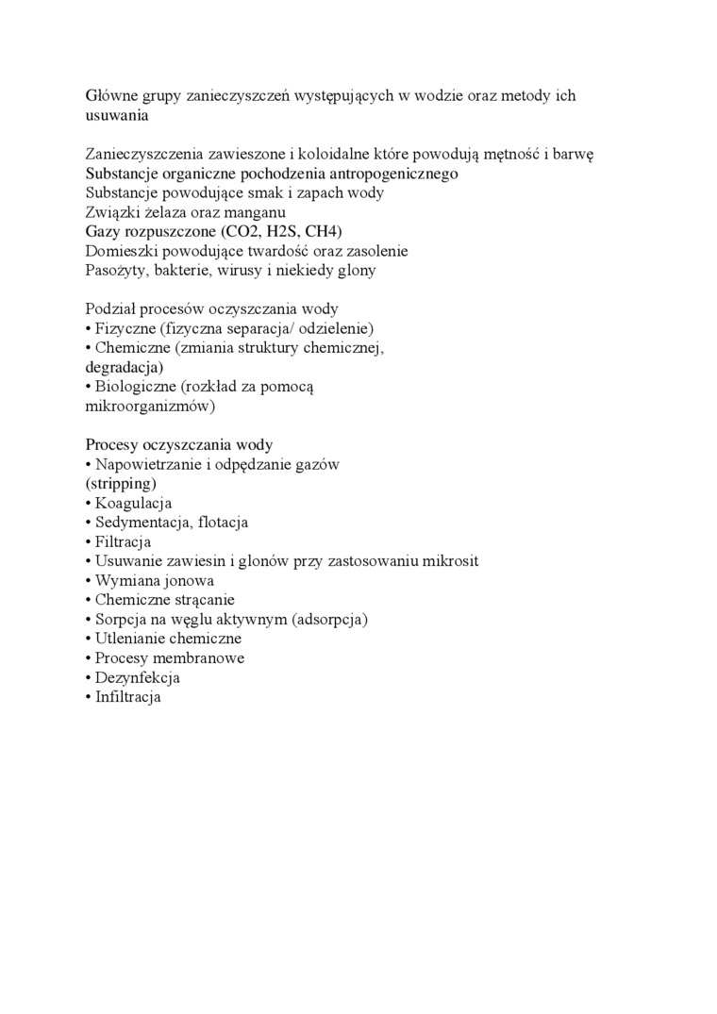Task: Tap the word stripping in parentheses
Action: click(121, 484)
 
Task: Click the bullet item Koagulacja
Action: click(133, 504)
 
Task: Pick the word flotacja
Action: click(217, 523)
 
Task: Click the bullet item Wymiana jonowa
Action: click(154, 581)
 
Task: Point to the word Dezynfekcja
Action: click(137, 678)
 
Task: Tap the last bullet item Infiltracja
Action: click(128, 698)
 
